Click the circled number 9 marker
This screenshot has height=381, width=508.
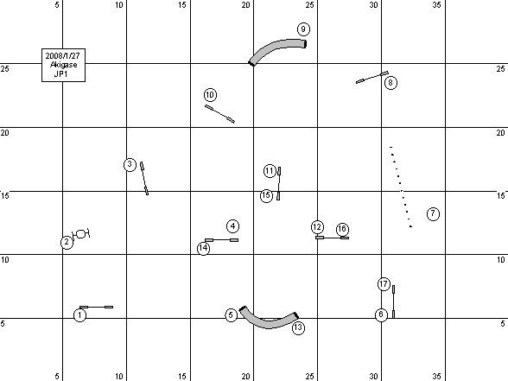(303, 29)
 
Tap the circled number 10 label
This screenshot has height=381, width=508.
(210, 95)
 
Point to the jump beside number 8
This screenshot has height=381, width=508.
(372, 77)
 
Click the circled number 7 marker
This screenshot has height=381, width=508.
(433, 214)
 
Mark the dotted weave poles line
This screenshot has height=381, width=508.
(401, 187)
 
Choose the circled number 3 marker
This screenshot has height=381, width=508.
(130, 164)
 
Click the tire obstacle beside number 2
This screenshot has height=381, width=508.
(81, 233)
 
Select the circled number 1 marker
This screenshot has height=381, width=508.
(80, 315)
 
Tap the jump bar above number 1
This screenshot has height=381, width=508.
(96, 307)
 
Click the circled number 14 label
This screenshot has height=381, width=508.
(204, 248)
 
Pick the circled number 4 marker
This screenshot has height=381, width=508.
(233, 226)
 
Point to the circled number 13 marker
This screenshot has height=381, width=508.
(298, 328)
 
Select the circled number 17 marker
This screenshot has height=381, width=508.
(384, 284)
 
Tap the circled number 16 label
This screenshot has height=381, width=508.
(342, 230)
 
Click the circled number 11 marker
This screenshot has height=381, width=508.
(270, 171)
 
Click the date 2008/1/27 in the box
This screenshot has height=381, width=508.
(62, 55)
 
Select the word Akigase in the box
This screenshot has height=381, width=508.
(64, 65)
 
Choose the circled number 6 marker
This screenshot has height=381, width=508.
(381, 314)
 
